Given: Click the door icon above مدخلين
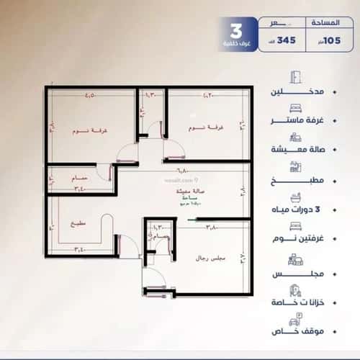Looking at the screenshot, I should (x=294, y=78).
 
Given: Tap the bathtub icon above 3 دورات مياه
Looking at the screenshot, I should (x=294, y=196).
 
